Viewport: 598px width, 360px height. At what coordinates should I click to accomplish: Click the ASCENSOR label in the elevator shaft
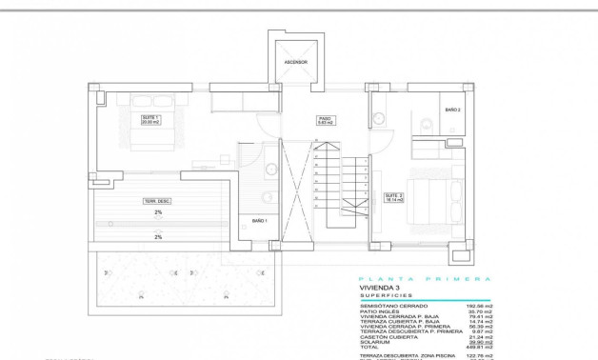(x=295, y=62)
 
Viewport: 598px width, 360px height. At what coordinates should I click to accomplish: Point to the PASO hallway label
(x=324, y=120)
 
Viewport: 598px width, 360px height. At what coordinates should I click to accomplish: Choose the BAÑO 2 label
(x=452, y=110)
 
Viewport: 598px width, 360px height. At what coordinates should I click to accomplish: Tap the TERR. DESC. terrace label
(x=157, y=200)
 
